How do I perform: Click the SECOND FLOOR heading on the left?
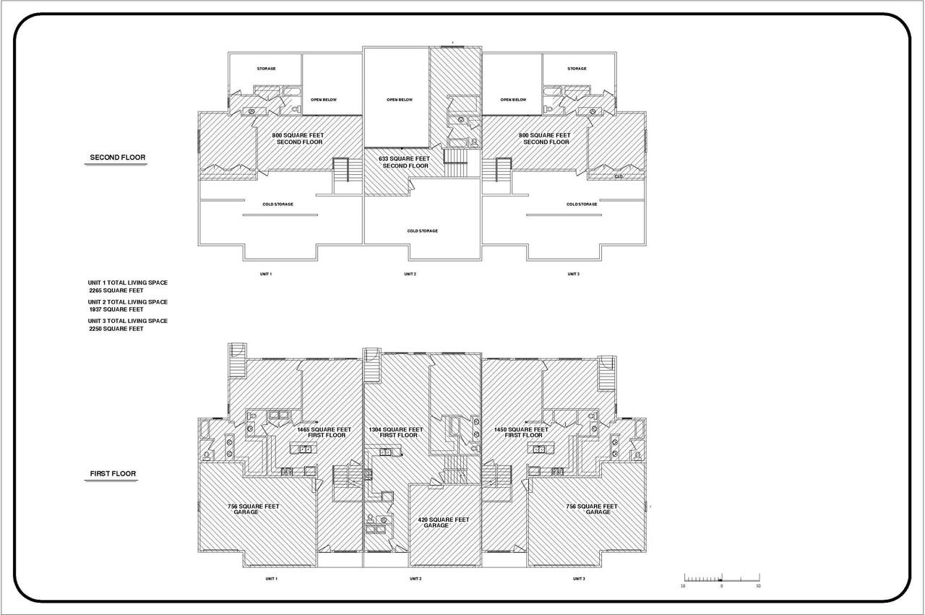(x=117, y=158)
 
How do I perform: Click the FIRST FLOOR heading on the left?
(x=113, y=474)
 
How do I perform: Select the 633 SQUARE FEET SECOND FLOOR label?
(x=405, y=162)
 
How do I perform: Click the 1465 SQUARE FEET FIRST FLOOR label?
(x=324, y=432)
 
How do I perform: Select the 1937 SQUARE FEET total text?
(x=116, y=309)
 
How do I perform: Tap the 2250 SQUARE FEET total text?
(x=116, y=329)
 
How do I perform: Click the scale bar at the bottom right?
(x=721, y=579)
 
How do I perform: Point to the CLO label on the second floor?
(x=619, y=176)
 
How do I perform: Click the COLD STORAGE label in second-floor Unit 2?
(x=422, y=231)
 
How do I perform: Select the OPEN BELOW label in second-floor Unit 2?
(x=399, y=100)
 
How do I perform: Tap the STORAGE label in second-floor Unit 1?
(x=266, y=69)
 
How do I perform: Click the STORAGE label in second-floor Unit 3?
(x=577, y=69)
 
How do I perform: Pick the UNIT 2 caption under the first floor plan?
(x=415, y=579)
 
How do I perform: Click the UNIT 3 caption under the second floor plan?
(x=573, y=274)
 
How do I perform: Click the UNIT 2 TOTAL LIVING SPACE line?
(x=128, y=301)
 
